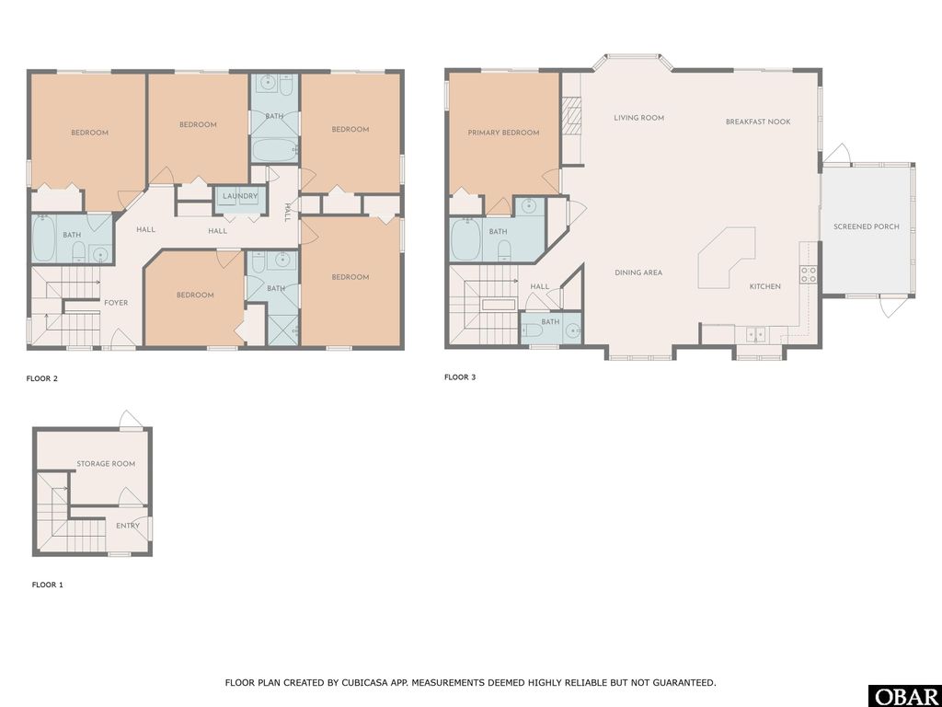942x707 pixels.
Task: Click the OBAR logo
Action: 904,696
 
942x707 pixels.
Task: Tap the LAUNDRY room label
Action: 240,196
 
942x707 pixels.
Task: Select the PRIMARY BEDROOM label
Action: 503,133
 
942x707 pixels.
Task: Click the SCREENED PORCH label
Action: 867,226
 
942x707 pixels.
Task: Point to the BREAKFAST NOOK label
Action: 757,122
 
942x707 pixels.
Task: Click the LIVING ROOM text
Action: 638,118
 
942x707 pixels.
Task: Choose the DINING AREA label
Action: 638,272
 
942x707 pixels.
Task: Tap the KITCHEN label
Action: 764,286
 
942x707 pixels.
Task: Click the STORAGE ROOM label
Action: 106,464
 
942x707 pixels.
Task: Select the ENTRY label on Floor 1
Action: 128,526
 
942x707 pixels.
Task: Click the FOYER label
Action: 116,302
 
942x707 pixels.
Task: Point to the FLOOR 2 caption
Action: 42,378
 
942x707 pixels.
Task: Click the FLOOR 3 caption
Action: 460,377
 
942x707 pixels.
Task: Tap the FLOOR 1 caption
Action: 48,585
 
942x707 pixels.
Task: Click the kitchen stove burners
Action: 808,273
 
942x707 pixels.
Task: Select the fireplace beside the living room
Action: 571,118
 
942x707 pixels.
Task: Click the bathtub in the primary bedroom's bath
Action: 467,241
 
